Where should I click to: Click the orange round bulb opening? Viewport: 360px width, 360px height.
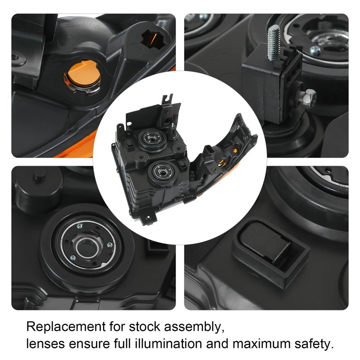coord(82,76)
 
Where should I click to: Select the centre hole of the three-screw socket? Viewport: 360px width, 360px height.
coord(85,247)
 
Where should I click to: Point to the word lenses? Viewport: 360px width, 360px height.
coord(45,345)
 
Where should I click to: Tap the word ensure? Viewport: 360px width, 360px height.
coord(89,345)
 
